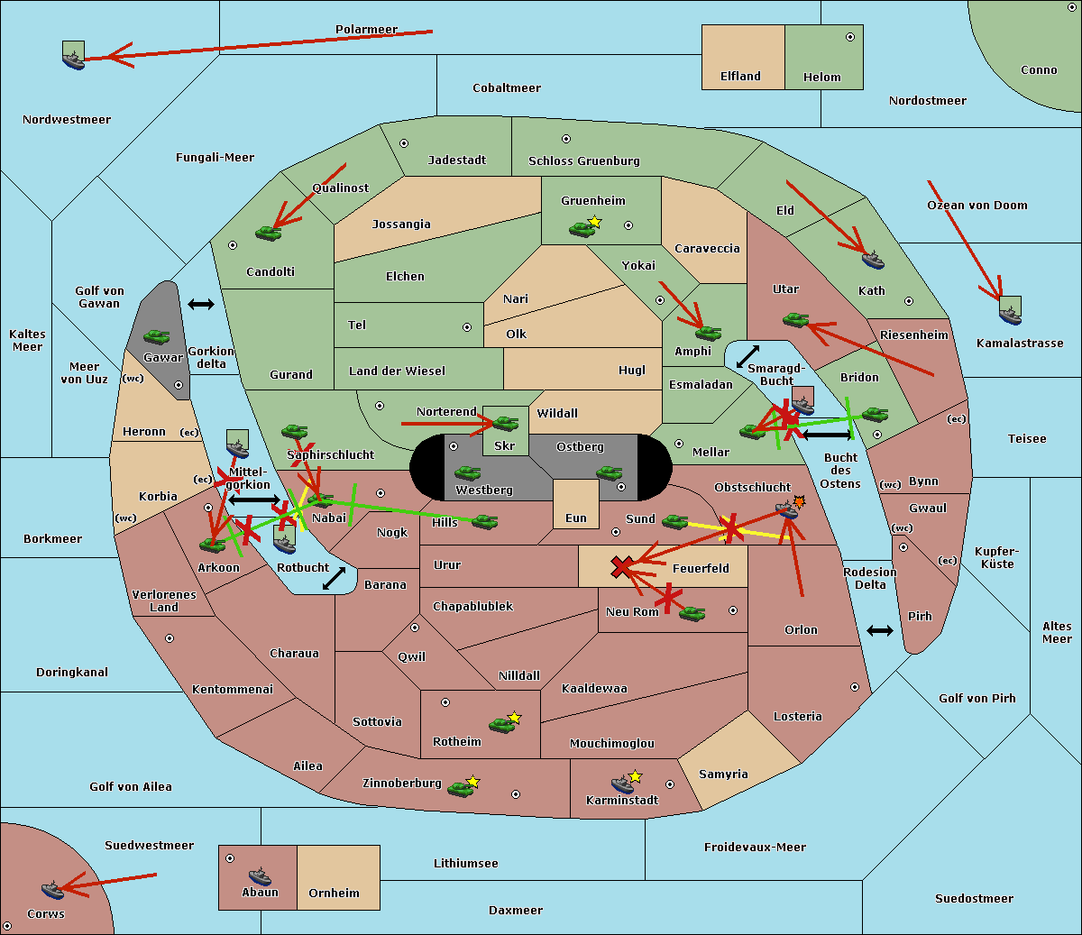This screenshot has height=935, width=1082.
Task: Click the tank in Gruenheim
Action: [582, 229]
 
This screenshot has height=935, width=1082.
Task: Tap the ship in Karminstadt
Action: [622, 784]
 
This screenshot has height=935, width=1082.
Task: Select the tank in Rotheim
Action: [501, 725]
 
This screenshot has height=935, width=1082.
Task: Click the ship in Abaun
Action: [260, 875]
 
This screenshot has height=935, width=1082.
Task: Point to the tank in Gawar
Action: [157, 336]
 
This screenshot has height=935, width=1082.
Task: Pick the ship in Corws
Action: [52, 890]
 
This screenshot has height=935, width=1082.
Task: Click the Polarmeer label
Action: [366, 30]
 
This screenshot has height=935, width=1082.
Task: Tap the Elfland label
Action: [740, 76]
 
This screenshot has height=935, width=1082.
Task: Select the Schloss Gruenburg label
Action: [584, 160]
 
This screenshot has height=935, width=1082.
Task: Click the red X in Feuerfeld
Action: [621, 567]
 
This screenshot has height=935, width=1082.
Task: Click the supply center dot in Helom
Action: [850, 37]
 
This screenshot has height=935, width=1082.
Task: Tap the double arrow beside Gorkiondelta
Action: [201, 304]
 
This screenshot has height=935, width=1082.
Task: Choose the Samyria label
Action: [723, 774]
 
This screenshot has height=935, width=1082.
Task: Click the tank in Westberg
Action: [467, 473]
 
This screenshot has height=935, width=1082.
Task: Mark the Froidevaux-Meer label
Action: [755, 847]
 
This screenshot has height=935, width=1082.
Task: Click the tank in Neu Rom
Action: [692, 613]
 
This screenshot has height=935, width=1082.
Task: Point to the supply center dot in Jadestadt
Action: [404, 143]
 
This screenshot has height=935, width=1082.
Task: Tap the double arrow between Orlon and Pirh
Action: [880, 631]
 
